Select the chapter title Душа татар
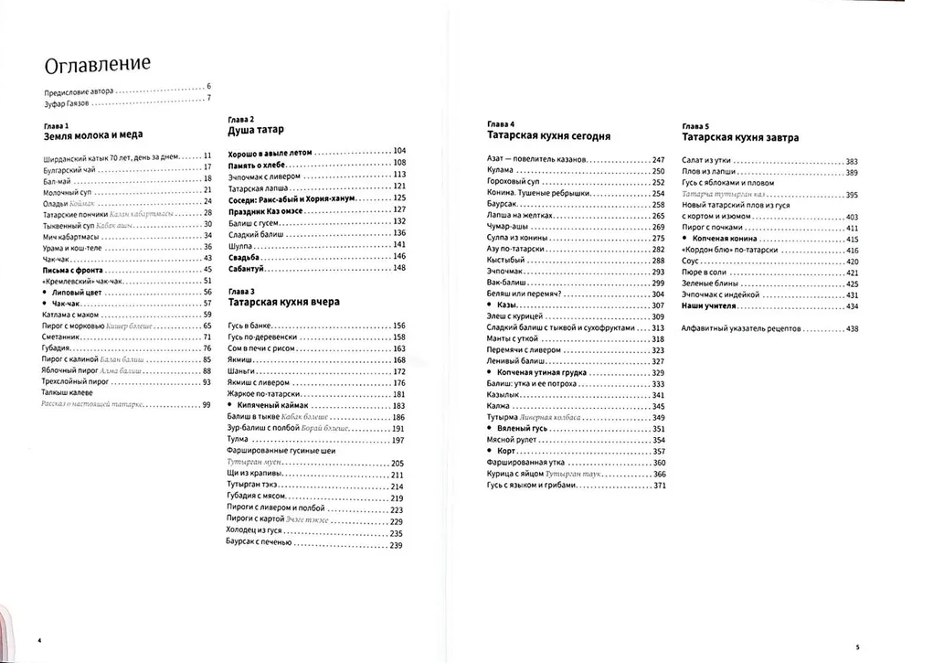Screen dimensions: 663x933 point(254,132)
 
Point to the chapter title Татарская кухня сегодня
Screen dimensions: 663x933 point(548,135)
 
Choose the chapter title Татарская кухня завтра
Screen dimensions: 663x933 point(740,137)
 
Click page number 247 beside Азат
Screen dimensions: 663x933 point(658,160)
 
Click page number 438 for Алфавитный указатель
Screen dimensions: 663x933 point(852,327)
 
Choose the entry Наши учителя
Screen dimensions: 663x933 point(708,306)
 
